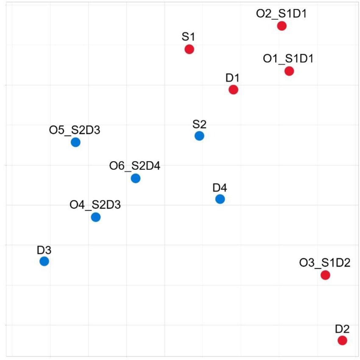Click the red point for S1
point(189,49)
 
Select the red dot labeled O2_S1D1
point(282,26)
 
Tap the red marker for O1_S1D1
point(289,71)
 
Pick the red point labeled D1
point(233,90)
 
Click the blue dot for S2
point(199,136)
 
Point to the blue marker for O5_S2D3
point(76,142)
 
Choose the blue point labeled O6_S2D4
point(136,178)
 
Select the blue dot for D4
point(220,199)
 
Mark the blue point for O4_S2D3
point(96,217)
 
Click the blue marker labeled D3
point(44,261)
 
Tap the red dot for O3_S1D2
point(325,275)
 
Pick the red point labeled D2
point(342,340)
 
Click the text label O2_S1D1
point(281,14)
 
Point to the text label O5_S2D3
point(74,130)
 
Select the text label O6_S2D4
point(134,166)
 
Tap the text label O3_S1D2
point(325,263)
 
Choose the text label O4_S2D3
point(95,205)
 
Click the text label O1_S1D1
point(288,59)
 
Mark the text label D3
point(44,250)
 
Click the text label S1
point(188,37)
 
